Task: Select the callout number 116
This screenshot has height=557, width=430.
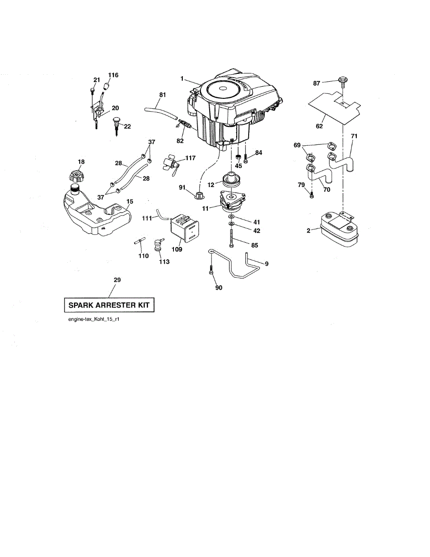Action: pos(113,75)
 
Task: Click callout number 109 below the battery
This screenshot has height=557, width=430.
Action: pos(176,249)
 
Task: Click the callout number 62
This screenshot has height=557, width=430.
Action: pos(319,125)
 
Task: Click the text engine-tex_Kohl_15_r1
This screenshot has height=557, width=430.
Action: pos(94,320)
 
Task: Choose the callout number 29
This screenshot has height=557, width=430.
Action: pos(117,280)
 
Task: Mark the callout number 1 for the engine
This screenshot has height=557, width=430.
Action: pos(183,78)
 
